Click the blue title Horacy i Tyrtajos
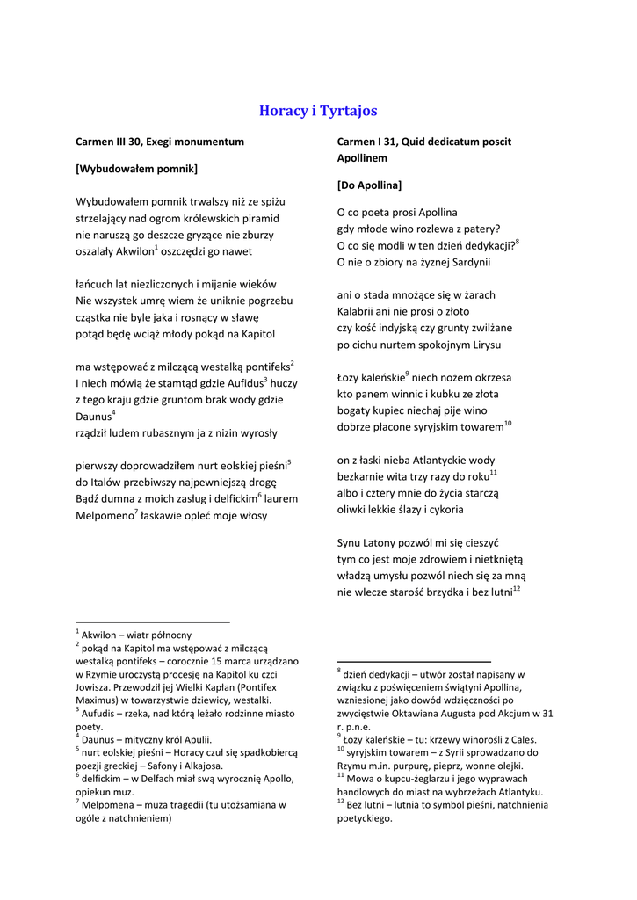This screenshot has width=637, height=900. pos(318,111)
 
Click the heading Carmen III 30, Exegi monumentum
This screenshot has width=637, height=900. pos(160,141)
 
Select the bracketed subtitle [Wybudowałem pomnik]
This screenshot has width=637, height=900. pos(136,168)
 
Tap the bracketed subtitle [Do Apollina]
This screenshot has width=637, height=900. pos(369,185)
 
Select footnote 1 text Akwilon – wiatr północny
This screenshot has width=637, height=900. pos(136,635)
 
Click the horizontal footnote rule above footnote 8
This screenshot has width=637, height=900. pos(414,661)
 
